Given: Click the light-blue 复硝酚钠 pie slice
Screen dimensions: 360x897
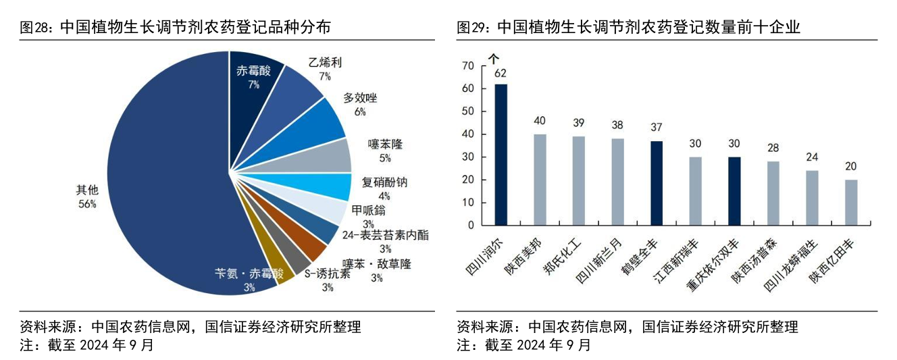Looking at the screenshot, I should [x=331, y=188].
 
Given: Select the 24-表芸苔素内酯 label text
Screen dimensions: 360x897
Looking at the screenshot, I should [x=385, y=236].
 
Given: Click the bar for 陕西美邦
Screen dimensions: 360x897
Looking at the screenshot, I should [x=540, y=179].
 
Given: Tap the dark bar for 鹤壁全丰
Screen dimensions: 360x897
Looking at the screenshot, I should [x=657, y=182].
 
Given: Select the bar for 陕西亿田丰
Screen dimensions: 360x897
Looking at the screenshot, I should [x=851, y=202].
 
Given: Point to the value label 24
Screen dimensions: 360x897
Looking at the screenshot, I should [x=812, y=157].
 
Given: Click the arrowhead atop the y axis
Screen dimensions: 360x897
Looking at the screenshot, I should [x=493, y=58].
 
